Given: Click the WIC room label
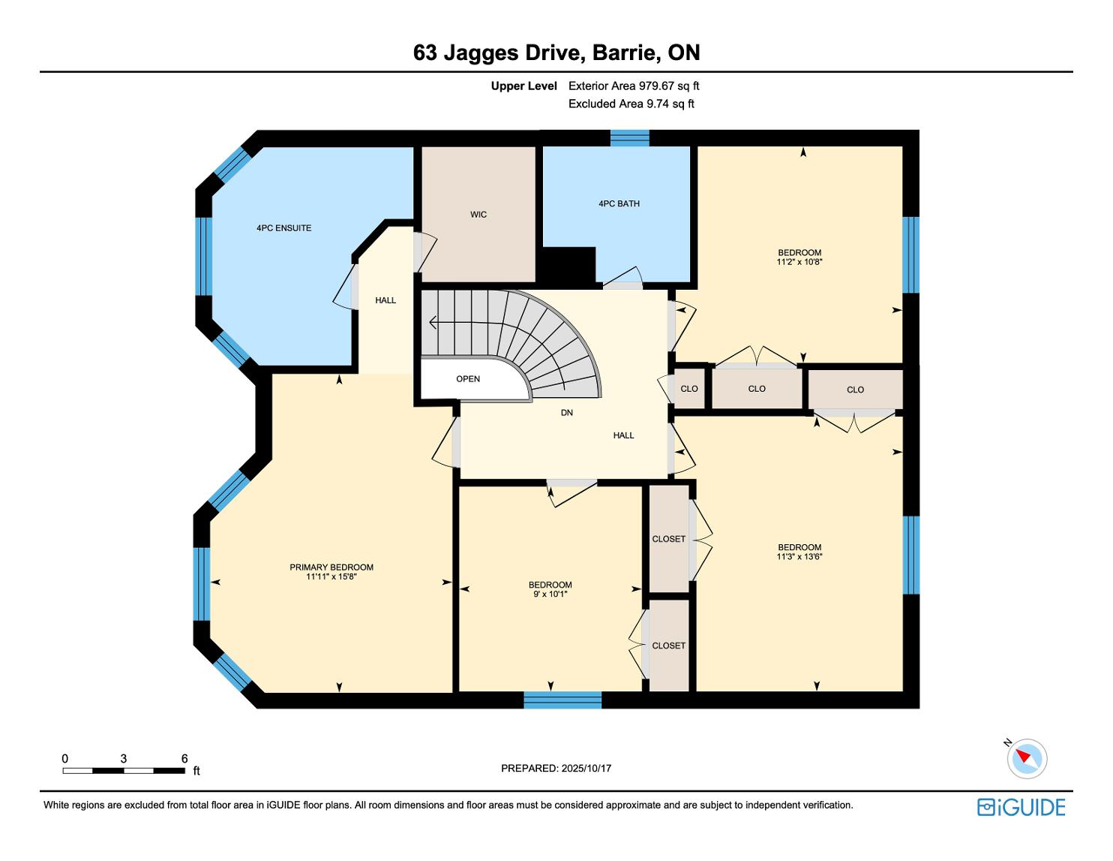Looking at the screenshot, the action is coord(478,215).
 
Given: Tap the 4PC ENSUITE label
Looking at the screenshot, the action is coord(283,228).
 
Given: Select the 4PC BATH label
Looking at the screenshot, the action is coord(619,203).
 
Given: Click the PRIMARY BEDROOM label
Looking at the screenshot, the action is coord(331,567).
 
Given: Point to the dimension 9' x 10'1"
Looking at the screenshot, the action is coord(550,595).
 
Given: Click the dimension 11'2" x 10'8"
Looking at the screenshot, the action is coord(799,262).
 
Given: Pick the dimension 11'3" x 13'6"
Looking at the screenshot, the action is coord(799,556).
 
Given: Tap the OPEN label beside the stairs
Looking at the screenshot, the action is coord(468,379).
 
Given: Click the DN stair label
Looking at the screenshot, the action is coord(566,413).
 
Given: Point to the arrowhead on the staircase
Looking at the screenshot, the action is coord(433,322).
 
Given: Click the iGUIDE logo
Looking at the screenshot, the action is coord(1021,807).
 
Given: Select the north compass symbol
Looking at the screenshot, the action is coord(1026,758).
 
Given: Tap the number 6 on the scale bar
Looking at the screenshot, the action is coord(184,758).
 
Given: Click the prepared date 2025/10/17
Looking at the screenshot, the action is coord(586,768).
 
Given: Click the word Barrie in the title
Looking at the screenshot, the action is coord(623,53).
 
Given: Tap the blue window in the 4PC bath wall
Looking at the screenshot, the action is coord(629,138).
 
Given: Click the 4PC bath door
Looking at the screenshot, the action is coord(622,279).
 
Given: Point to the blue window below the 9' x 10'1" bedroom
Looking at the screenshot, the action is coord(562,700).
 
